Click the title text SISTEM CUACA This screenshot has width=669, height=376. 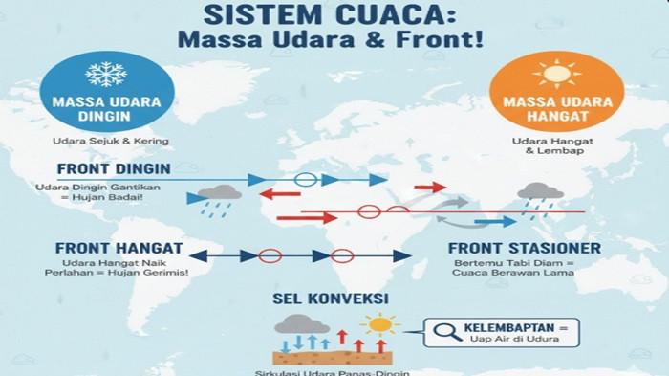coord(334,15)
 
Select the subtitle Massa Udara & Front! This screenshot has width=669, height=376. coord(334,42)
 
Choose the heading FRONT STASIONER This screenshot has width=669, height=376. coord(524,249)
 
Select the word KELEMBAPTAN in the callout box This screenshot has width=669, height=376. coord(504,328)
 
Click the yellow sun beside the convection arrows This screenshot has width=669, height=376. coord(381,324)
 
